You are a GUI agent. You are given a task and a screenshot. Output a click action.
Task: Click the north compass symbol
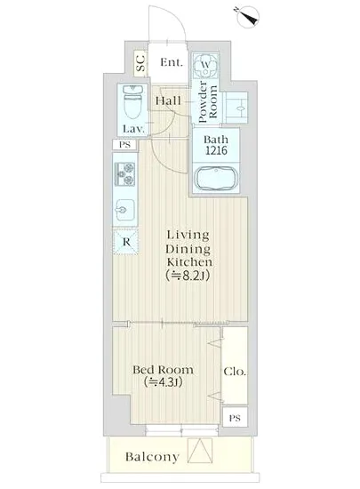247,17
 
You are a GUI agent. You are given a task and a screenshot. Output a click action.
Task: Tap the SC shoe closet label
141,63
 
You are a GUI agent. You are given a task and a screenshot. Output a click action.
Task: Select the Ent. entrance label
172,62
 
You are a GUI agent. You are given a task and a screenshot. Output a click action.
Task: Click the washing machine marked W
205,66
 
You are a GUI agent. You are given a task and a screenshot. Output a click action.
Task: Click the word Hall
168,100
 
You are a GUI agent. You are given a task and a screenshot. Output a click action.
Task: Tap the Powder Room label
207,101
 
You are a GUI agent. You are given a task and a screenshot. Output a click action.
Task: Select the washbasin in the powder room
236,108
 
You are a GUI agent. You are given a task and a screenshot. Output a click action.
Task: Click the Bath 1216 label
216,145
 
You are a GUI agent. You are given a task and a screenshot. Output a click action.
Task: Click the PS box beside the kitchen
124,145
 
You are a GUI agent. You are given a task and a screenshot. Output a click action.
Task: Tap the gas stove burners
124,174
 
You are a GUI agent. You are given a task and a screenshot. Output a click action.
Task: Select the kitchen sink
124,210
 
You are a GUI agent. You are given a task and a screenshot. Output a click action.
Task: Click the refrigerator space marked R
125,242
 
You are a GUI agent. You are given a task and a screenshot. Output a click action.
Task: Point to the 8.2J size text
188,276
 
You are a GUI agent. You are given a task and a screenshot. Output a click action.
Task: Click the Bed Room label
163,370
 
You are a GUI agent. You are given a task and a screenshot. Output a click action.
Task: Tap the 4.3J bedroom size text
163,381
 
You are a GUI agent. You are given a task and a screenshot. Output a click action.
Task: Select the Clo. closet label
235,372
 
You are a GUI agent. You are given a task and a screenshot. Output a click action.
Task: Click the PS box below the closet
235,418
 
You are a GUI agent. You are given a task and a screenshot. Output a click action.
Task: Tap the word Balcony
152,457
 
